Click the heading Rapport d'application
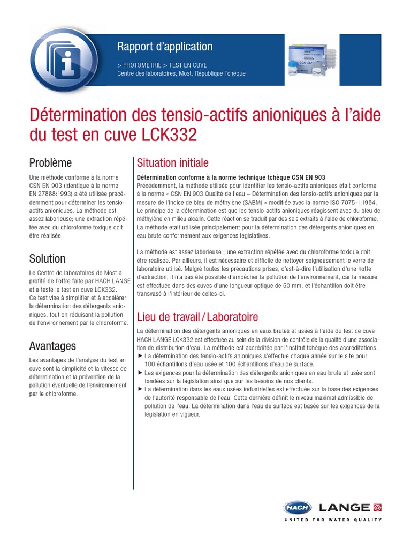click(165, 47)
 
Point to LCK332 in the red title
click(170, 135)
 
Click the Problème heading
click(50, 162)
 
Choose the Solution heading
click(48, 258)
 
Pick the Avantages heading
click(52, 346)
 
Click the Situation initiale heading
click(173, 162)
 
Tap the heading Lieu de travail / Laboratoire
click(197, 316)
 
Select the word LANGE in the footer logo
click(344, 508)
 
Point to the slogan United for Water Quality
click(332, 520)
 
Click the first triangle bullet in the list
click(140, 356)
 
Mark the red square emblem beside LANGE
click(378, 507)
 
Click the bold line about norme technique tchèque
click(231, 177)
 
